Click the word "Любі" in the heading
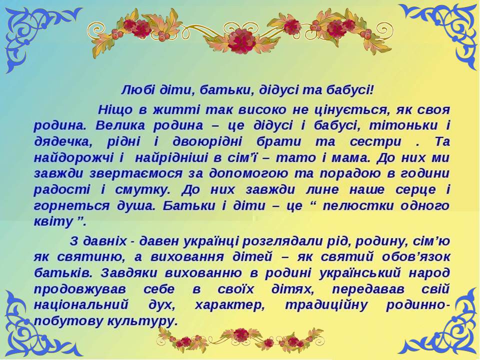(x=134, y=90)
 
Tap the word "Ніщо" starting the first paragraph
(x=115, y=110)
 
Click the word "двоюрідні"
(x=207, y=142)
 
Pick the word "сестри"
(x=375, y=142)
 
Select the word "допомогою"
(x=248, y=174)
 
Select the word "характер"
(x=230, y=305)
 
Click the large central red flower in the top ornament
(x=241, y=40)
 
